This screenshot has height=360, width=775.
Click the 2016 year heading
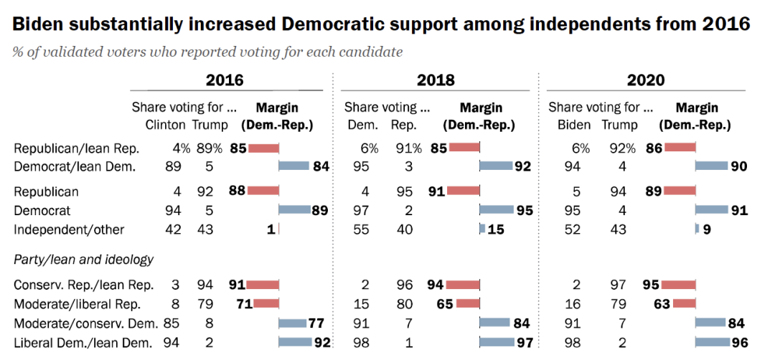pyautogui.click(x=225, y=80)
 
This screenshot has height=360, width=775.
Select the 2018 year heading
pyautogui.click(x=435, y=80)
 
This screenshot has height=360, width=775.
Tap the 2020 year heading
pyautogui.click(x=646, y=80)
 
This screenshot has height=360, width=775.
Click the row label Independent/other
pyautogui.click(x=69, y=229)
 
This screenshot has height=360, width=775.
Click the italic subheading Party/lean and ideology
pyautogui.click(x=84, y=260)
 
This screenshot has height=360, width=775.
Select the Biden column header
pyautogui.click(x=574, y=124)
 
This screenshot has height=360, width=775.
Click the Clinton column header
pyautogui.click(x=165, y=124)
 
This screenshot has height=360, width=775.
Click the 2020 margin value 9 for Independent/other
pyautogui.click(x=706, y=229)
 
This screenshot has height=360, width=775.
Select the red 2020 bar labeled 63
pyautogui.click(x=685, y=303)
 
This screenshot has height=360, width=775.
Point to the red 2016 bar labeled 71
pyautogui.click(x=263, y=303)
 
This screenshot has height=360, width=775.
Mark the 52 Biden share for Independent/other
pyautogui.click(x=571, y=229)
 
